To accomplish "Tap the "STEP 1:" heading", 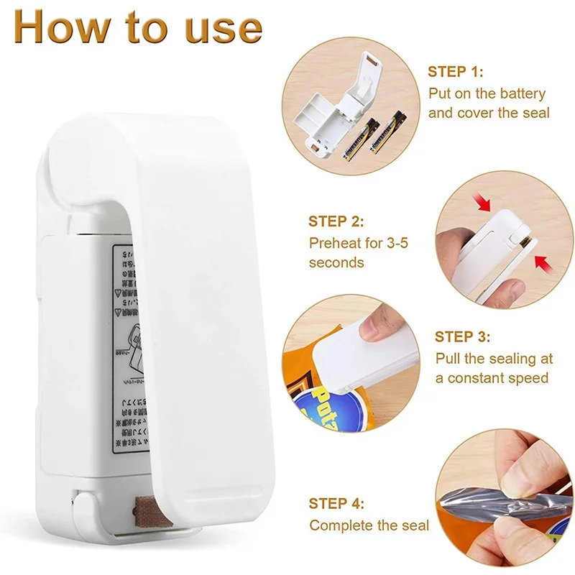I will pyautogui.click(x=456, y=72).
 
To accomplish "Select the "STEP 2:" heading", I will pyautogui.click(x=336, y=221).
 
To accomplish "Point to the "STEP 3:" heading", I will pyautogui.click(x=463, y=336).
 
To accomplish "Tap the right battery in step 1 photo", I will pyautogui.click(x=385, y=135).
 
